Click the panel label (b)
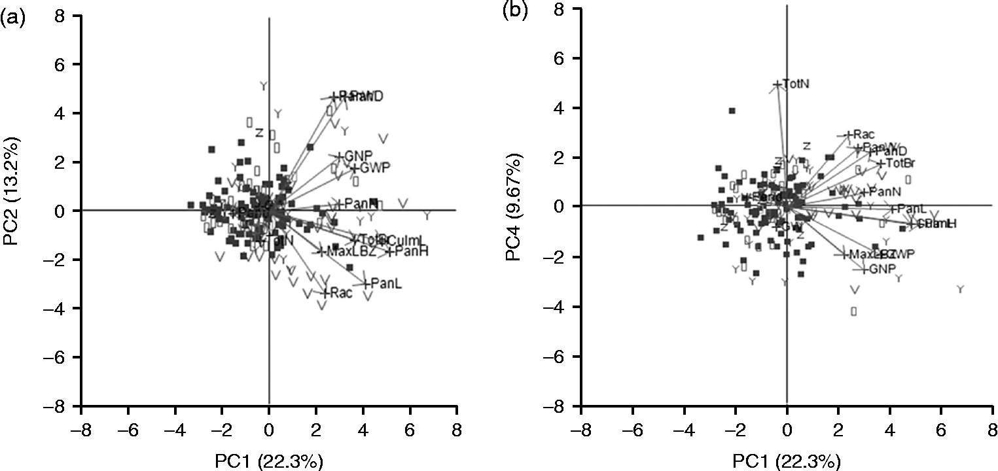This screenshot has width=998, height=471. (512, 12)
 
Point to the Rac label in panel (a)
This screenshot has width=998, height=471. (342, 294)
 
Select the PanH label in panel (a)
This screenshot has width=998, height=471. (412, 252)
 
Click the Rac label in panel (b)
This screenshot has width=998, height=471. (864, 135)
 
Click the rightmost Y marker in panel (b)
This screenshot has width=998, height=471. (960, 289)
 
